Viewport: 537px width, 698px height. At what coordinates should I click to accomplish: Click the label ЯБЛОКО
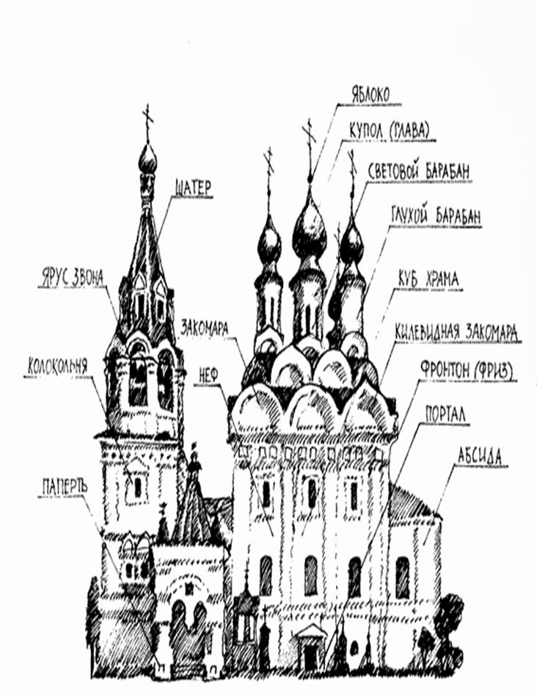tap(370, 94)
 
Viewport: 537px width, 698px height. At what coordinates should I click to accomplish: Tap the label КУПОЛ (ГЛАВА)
tap(390, 130)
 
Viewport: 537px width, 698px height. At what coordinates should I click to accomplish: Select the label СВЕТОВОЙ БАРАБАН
tap(419, 171)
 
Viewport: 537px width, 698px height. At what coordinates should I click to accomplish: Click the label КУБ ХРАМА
tap(428, 279)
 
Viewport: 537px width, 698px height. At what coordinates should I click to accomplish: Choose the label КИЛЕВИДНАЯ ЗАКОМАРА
tap(457, 331)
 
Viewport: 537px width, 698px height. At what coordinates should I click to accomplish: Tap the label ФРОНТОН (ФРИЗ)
tap(466, 370)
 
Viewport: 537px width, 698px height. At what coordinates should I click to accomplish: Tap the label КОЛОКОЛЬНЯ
tap(58, 365)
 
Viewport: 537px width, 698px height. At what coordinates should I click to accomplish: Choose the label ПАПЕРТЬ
tap(65, 486)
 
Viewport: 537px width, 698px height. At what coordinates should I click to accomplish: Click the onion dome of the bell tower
tap(147, 159)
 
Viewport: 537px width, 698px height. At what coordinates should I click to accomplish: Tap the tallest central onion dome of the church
tap(310, 232)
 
